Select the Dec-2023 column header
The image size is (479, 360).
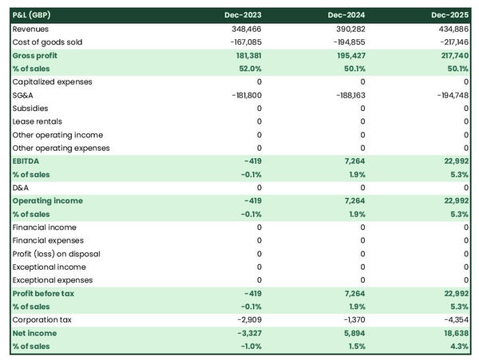tap(243, 15)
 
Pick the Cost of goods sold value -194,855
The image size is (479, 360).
tap(346, 42)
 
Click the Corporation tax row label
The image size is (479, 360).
tap(41, 319)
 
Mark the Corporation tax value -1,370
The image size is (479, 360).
tap(352, 319)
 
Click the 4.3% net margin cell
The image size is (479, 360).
tap(458, 346)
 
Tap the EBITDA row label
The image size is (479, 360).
tap(27, 161)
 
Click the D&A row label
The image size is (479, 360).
tap(21, 188)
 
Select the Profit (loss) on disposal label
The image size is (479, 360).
tap(56, 254)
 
